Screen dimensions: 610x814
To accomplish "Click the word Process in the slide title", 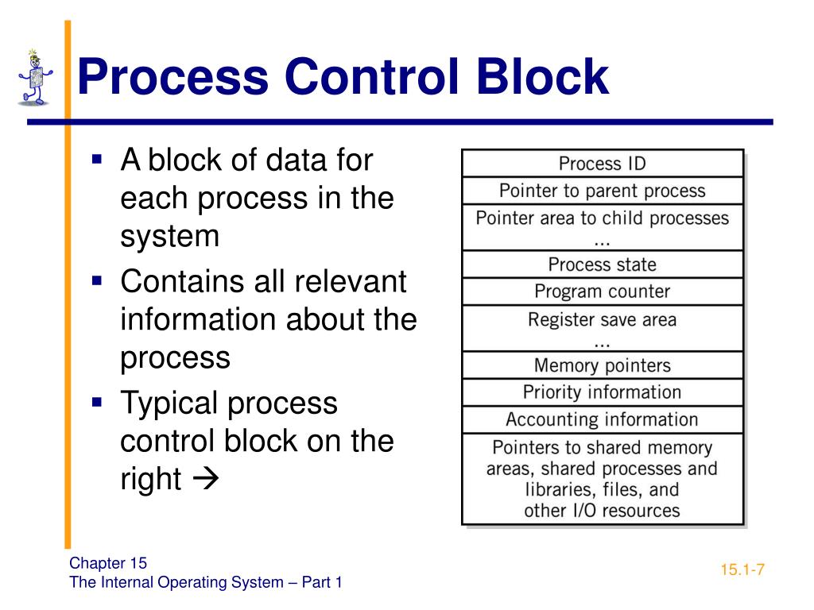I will (172, 78).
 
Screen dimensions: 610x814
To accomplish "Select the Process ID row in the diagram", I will (602, 164).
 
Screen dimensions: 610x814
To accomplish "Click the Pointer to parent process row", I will (602, 191).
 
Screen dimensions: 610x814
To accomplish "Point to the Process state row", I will (602, 264).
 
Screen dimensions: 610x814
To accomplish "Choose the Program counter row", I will (602, 291).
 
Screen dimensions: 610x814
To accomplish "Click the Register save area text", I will (602, 320).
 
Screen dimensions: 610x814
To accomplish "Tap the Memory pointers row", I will (602, 365).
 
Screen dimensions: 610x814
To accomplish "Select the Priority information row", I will (602, 392).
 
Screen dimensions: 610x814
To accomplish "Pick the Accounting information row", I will (602, 419).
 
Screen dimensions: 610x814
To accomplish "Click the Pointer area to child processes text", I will (602, 218).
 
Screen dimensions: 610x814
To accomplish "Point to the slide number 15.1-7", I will (742, 569).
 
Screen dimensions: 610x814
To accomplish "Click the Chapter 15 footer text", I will (108, 563).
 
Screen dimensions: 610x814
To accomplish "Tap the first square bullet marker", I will (98, 159).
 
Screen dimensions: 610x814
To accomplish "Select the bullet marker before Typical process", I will (98, 402).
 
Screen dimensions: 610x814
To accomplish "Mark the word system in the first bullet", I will (169, 236).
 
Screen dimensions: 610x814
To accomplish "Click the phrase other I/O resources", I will (602, 510).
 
